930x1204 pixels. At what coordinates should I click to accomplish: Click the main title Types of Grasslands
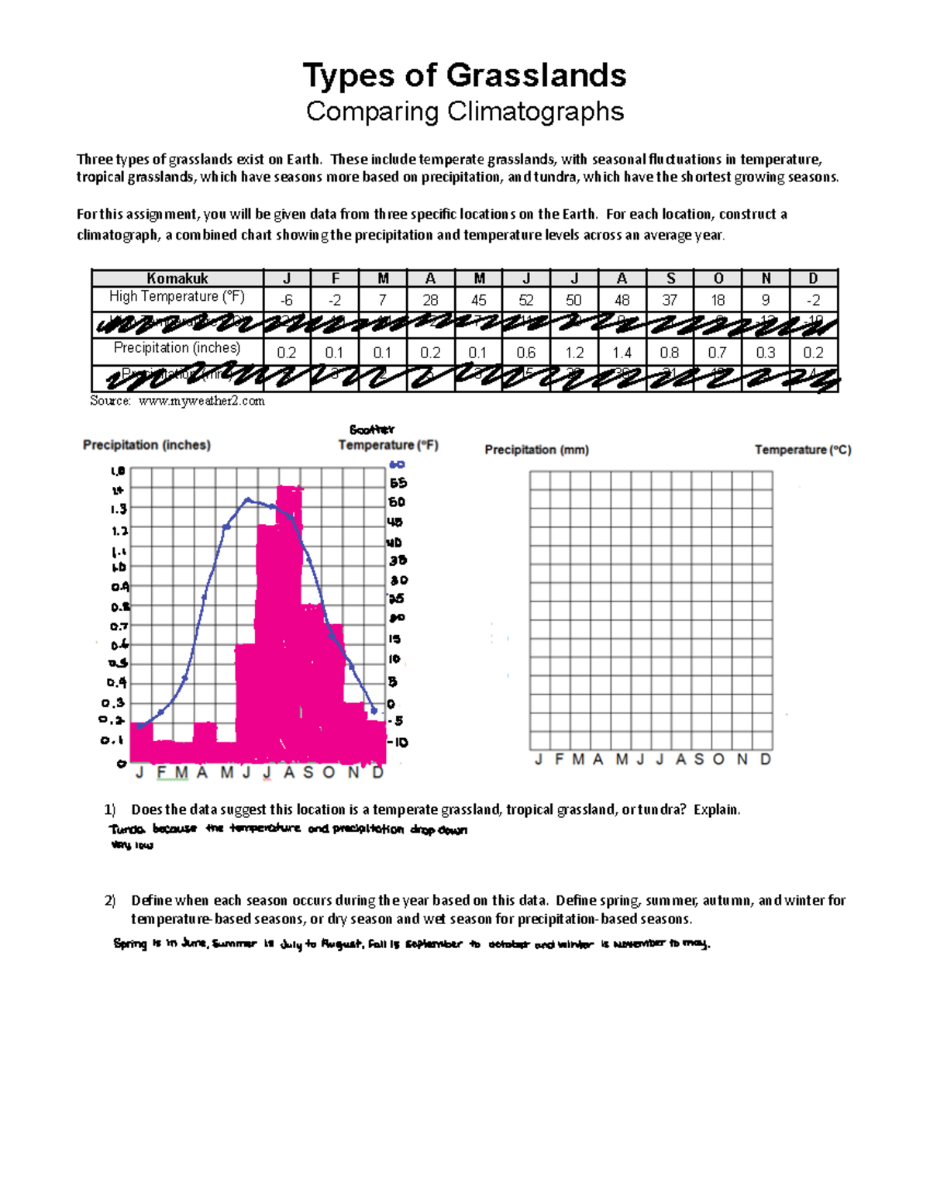[x=464, y=75]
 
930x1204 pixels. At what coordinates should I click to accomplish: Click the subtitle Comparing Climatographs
[x=464, y=112]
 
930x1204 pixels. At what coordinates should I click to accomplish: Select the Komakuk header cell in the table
[x=177, y=278]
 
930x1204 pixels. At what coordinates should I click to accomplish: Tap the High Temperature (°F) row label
[x=177, y=296]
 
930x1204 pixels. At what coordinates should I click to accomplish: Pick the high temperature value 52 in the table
[x=526, y=300]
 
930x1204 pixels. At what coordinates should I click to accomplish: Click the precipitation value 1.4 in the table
[x=622, y=353]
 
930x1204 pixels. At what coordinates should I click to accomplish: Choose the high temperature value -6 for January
[x=287, y=300]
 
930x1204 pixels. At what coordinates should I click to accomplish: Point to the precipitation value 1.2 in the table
[x=574, y=353]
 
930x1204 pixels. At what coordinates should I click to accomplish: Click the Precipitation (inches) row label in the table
[x=177, y=348]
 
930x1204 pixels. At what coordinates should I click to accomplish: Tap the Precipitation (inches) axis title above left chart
[x=146, y=445]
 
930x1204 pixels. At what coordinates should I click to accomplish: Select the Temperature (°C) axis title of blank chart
[x=803, y=450]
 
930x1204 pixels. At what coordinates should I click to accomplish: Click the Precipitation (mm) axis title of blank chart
[x=536, y=450]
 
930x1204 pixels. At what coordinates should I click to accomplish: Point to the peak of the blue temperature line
[x=247, y=500]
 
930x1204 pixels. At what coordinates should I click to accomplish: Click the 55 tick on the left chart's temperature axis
[x=398, y=483]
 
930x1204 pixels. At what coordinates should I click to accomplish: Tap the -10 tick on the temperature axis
[x=398, y=742]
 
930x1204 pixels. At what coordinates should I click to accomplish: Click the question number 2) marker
[x=110, y=900]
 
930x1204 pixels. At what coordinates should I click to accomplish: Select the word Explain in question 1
[x=716, y=809]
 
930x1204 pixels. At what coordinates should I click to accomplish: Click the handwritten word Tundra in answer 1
[x=127, y=829]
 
